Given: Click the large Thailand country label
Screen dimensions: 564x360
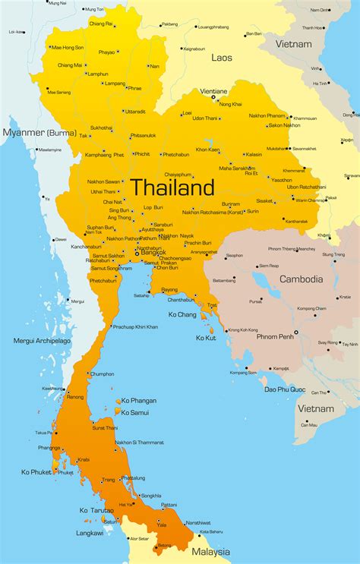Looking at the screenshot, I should pos(172,187).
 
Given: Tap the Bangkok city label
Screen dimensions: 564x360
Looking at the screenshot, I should pos(153,253).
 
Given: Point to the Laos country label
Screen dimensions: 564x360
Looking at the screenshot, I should pos(223,57).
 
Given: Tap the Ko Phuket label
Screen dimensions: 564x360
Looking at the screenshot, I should pos(36,472).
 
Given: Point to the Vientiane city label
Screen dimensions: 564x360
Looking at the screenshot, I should pos(213,90).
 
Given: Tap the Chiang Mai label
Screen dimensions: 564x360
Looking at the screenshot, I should pos(70,65).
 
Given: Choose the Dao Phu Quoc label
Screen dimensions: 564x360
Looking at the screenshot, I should pos(286,389).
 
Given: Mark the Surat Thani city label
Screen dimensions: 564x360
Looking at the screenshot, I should pos(105,429).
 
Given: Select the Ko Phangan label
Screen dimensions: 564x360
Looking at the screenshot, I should pos(137,401).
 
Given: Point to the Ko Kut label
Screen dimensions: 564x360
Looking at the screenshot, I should pos(205,337).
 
